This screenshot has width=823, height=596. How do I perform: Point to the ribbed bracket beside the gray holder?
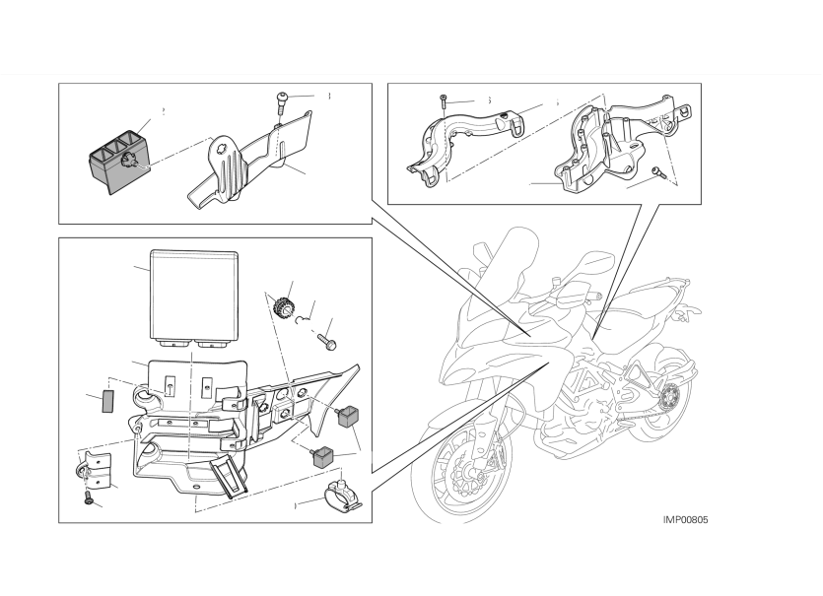(246, 163)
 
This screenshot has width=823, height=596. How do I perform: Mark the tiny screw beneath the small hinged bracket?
(92, 502)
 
